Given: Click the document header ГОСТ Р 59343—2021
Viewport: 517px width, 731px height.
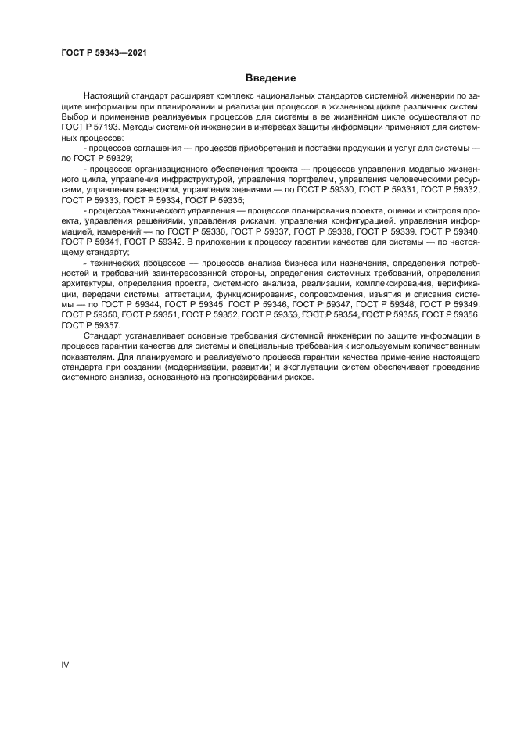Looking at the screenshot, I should coord(104,52).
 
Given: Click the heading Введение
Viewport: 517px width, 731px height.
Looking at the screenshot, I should coord(270,79).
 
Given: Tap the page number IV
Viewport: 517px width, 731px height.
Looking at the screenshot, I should coord(65,665).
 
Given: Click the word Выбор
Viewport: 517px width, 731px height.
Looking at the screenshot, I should coord(75,116).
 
